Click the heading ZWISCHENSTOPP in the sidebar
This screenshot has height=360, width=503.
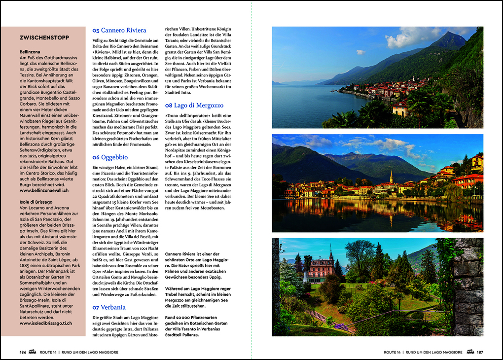43,37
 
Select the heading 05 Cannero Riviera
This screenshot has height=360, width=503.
119,31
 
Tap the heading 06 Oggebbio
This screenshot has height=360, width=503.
110,157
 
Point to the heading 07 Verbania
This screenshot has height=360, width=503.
109,307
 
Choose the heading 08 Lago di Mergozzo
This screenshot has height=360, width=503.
194,105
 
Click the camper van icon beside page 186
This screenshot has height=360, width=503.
33,352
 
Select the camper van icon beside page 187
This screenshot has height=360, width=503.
470,352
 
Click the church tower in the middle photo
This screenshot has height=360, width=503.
391,178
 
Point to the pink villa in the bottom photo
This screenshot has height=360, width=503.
321,268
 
